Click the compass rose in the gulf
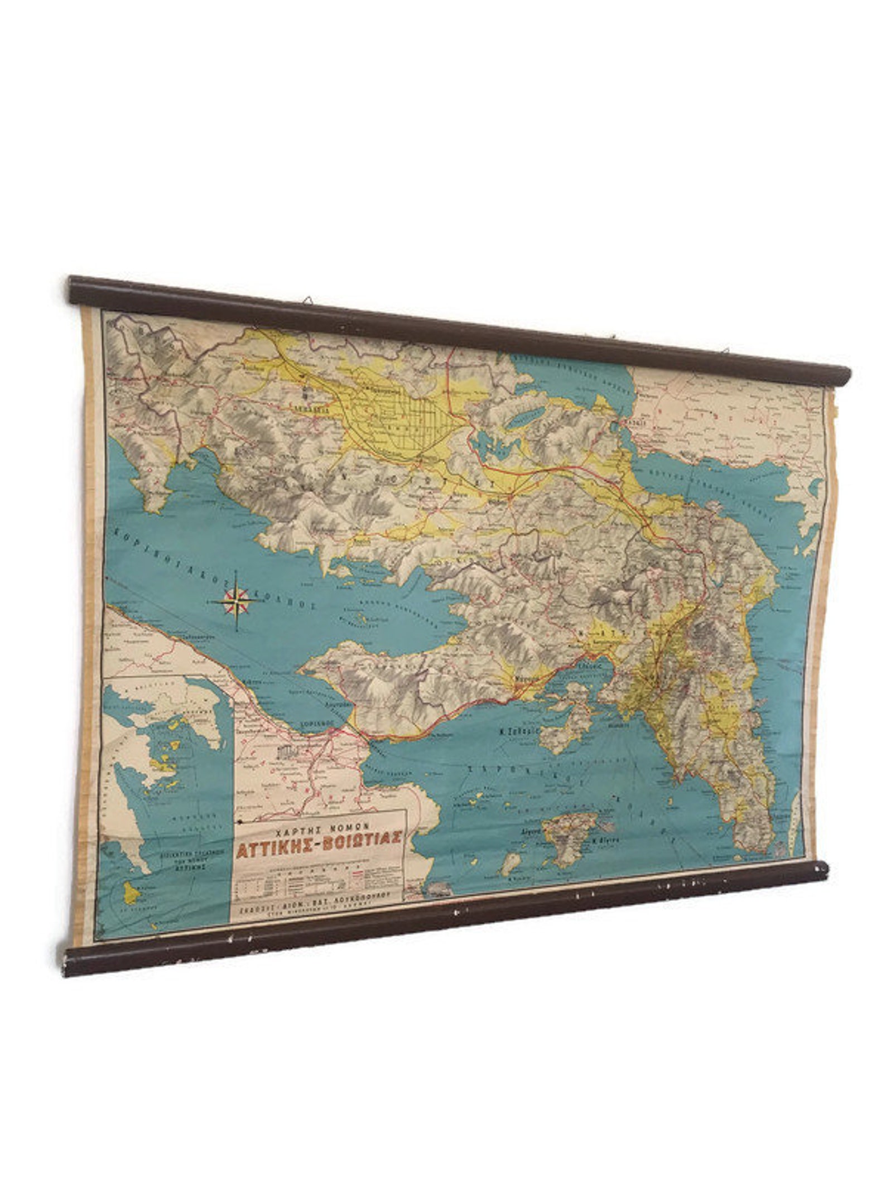pos(237,600)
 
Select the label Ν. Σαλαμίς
pos(518,730)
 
